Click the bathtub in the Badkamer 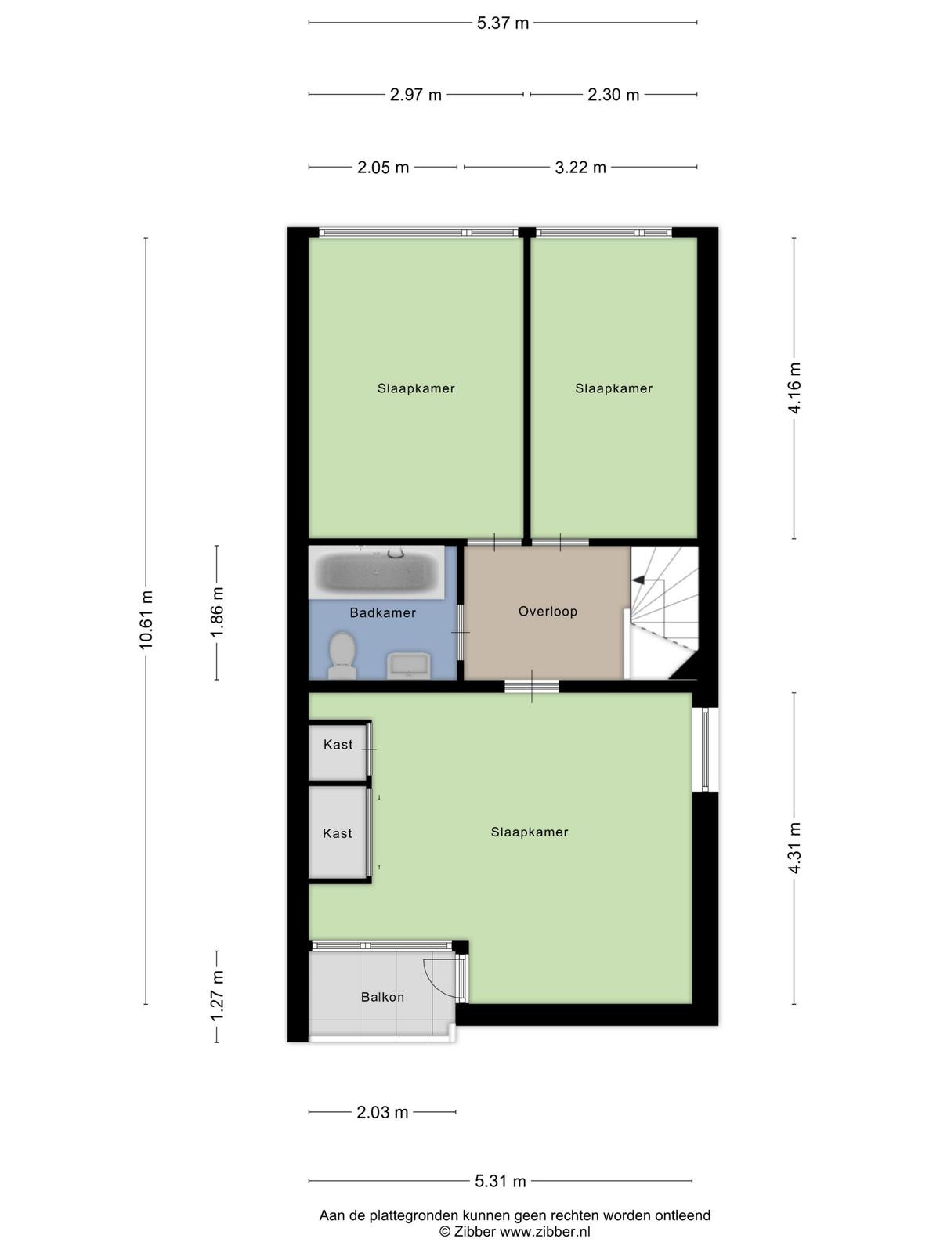click(x=376, y=572)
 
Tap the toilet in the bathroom click(x=342, y=655)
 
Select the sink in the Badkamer click(x=408, y=666)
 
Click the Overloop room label click(x=548, y=612)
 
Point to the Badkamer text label click(x=382, y=612)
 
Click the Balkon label click(x=382, y=997)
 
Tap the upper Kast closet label click(x=338, y=745)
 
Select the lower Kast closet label click(x=338, y=833)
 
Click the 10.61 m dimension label click(x=146, y=620)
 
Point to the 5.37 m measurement click(x=503, y=23)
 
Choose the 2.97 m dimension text click(x=415, y=95)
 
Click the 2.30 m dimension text click(x=613, y=95)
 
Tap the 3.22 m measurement click(x=580, y=168)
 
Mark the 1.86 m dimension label click(x=217, y=612)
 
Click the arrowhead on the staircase click(x=638, y=580)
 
